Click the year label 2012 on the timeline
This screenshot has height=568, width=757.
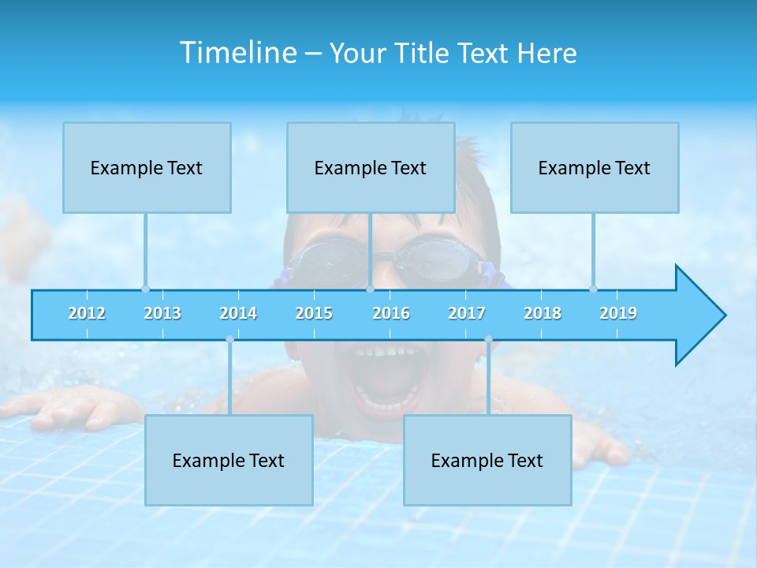click(x=87, y=313)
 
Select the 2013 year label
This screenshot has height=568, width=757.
click(x=162, y=313)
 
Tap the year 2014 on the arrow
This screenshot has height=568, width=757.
click(x=238, y=313)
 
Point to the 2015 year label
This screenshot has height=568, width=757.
click(x=314, y=313)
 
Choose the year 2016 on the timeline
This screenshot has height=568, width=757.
click(x=391, y=313)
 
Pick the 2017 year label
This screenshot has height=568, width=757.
click(x=467, y=313)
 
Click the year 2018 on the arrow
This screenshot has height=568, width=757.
click(x=543, y=313)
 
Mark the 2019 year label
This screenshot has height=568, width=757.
click(x=618, y=313)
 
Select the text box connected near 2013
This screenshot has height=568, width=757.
click(x=147, y=168)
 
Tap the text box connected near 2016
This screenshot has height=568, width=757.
click(x=371, y=168)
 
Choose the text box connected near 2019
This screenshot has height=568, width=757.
click(x=595, y=168)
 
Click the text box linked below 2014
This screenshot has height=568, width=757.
click(x=229, y=461)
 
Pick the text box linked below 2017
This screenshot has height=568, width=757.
click(x=487, y=461)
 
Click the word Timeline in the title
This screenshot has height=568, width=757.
click(x=237, y=53)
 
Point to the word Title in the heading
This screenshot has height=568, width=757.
click(x=424, y=54)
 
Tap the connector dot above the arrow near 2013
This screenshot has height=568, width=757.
click(x=145, y=289)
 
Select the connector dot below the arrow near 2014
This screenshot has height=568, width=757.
click(x=229, y=339)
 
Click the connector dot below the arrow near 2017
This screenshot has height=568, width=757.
click(x=488, y=339)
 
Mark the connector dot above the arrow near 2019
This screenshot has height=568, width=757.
click(x=593, y=289)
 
